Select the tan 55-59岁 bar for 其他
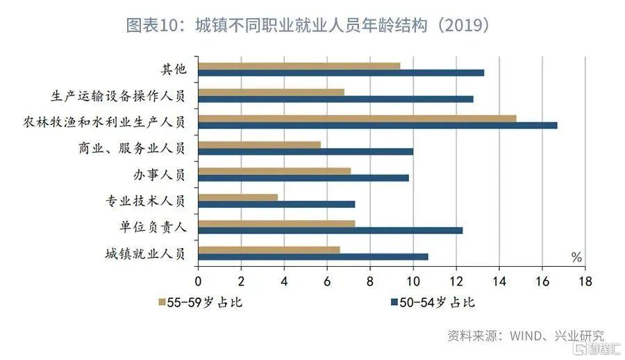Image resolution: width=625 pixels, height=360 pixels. [299, 65]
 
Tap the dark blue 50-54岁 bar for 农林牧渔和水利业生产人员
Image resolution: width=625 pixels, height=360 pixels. [378, 125]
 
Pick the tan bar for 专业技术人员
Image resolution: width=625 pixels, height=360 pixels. [238, 197]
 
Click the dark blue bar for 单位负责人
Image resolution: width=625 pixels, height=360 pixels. [331, 230]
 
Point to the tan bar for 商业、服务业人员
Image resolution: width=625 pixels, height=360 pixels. [260, 145]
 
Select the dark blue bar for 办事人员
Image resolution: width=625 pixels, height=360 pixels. [303, 177]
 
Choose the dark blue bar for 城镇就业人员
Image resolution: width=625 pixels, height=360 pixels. [313, 256]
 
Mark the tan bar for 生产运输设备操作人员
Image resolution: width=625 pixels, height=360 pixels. [272, 92]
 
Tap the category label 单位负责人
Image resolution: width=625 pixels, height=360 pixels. [153, 227]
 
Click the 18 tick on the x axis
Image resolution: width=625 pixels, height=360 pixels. [585, 281]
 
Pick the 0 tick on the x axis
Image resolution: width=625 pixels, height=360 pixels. [198, 281]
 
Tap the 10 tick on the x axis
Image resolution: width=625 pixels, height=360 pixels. [412, 281]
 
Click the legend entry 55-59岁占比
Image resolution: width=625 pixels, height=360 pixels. [201, 303]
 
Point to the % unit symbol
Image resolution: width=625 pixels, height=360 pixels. [576, 257]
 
